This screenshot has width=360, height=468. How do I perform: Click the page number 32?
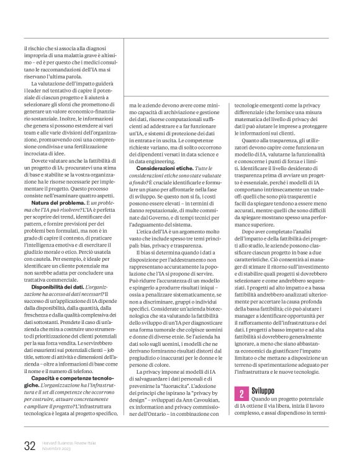29,446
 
